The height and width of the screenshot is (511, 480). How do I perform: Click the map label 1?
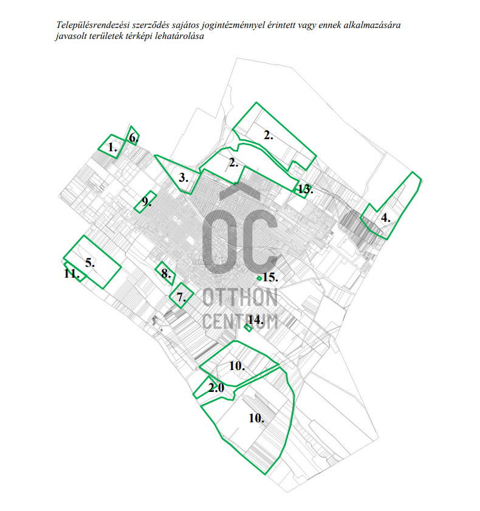click(x=112, y=147)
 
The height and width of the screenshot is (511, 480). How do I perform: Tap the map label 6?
click(x=133, y=138)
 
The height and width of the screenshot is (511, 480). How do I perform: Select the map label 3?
click(x=184, y=178)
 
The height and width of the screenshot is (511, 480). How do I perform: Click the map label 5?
click(x=90, y=263)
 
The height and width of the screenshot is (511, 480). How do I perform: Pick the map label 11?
click(x=72, y=274)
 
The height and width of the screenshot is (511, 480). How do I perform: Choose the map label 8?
click(x=165, y=273)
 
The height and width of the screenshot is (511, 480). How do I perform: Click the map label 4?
click(x=385, y=217)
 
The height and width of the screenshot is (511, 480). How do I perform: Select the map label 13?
click(x=305, y=190)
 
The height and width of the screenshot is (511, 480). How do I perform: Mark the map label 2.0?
click(x=216, y=387)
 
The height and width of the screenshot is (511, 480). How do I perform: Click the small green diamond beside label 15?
click(x=259, y=278)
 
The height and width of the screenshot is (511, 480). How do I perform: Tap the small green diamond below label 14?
click(x=248, y=328)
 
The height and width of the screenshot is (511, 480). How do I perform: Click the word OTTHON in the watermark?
click(x=241, y=298)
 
